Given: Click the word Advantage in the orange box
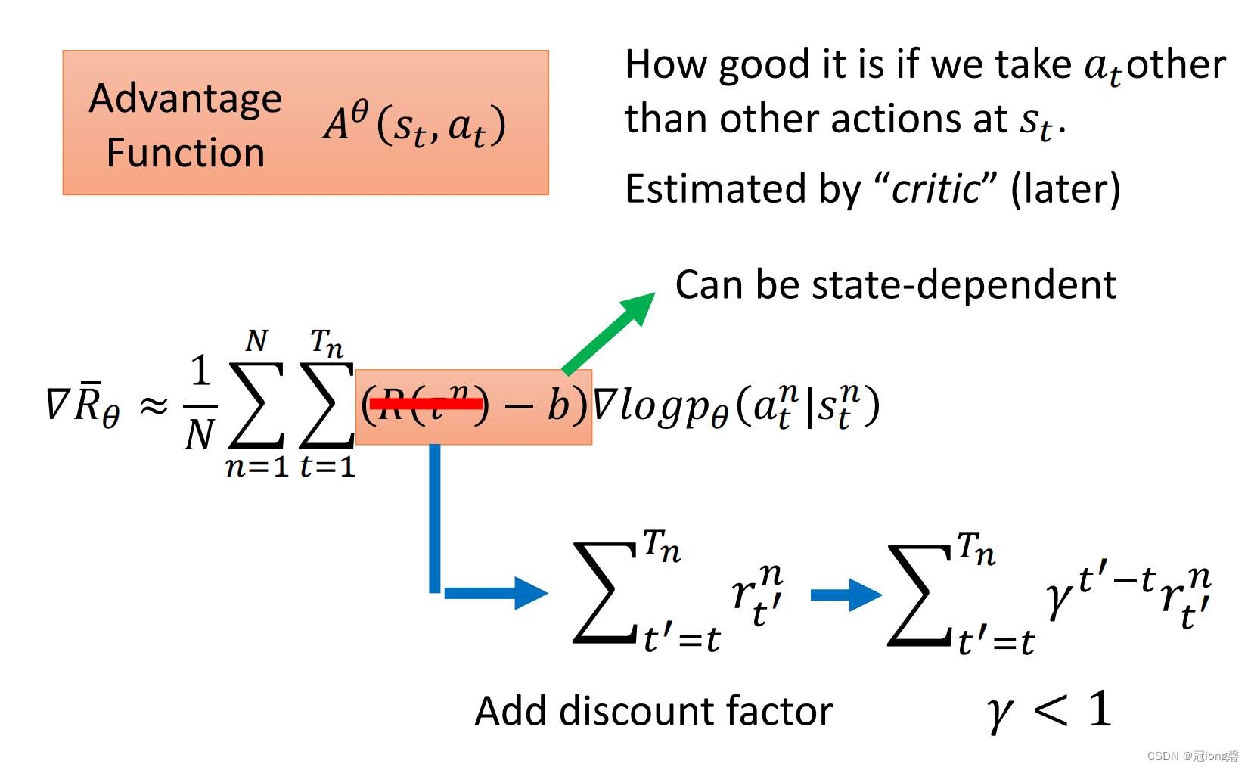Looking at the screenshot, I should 185,100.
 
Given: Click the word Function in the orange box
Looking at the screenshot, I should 185,153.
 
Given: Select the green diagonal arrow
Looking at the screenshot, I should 609,333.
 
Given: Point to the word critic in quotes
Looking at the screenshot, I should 935,189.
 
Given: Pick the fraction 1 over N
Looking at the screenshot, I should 200,403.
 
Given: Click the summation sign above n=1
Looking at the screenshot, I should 256,405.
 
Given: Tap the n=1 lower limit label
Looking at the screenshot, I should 257,467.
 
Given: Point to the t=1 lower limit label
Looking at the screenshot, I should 327,467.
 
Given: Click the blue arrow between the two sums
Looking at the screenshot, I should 846,595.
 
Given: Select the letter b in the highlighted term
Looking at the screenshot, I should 557,406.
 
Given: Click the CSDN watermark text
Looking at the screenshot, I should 1193,756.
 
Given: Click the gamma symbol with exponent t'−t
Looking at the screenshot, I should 1060,598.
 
